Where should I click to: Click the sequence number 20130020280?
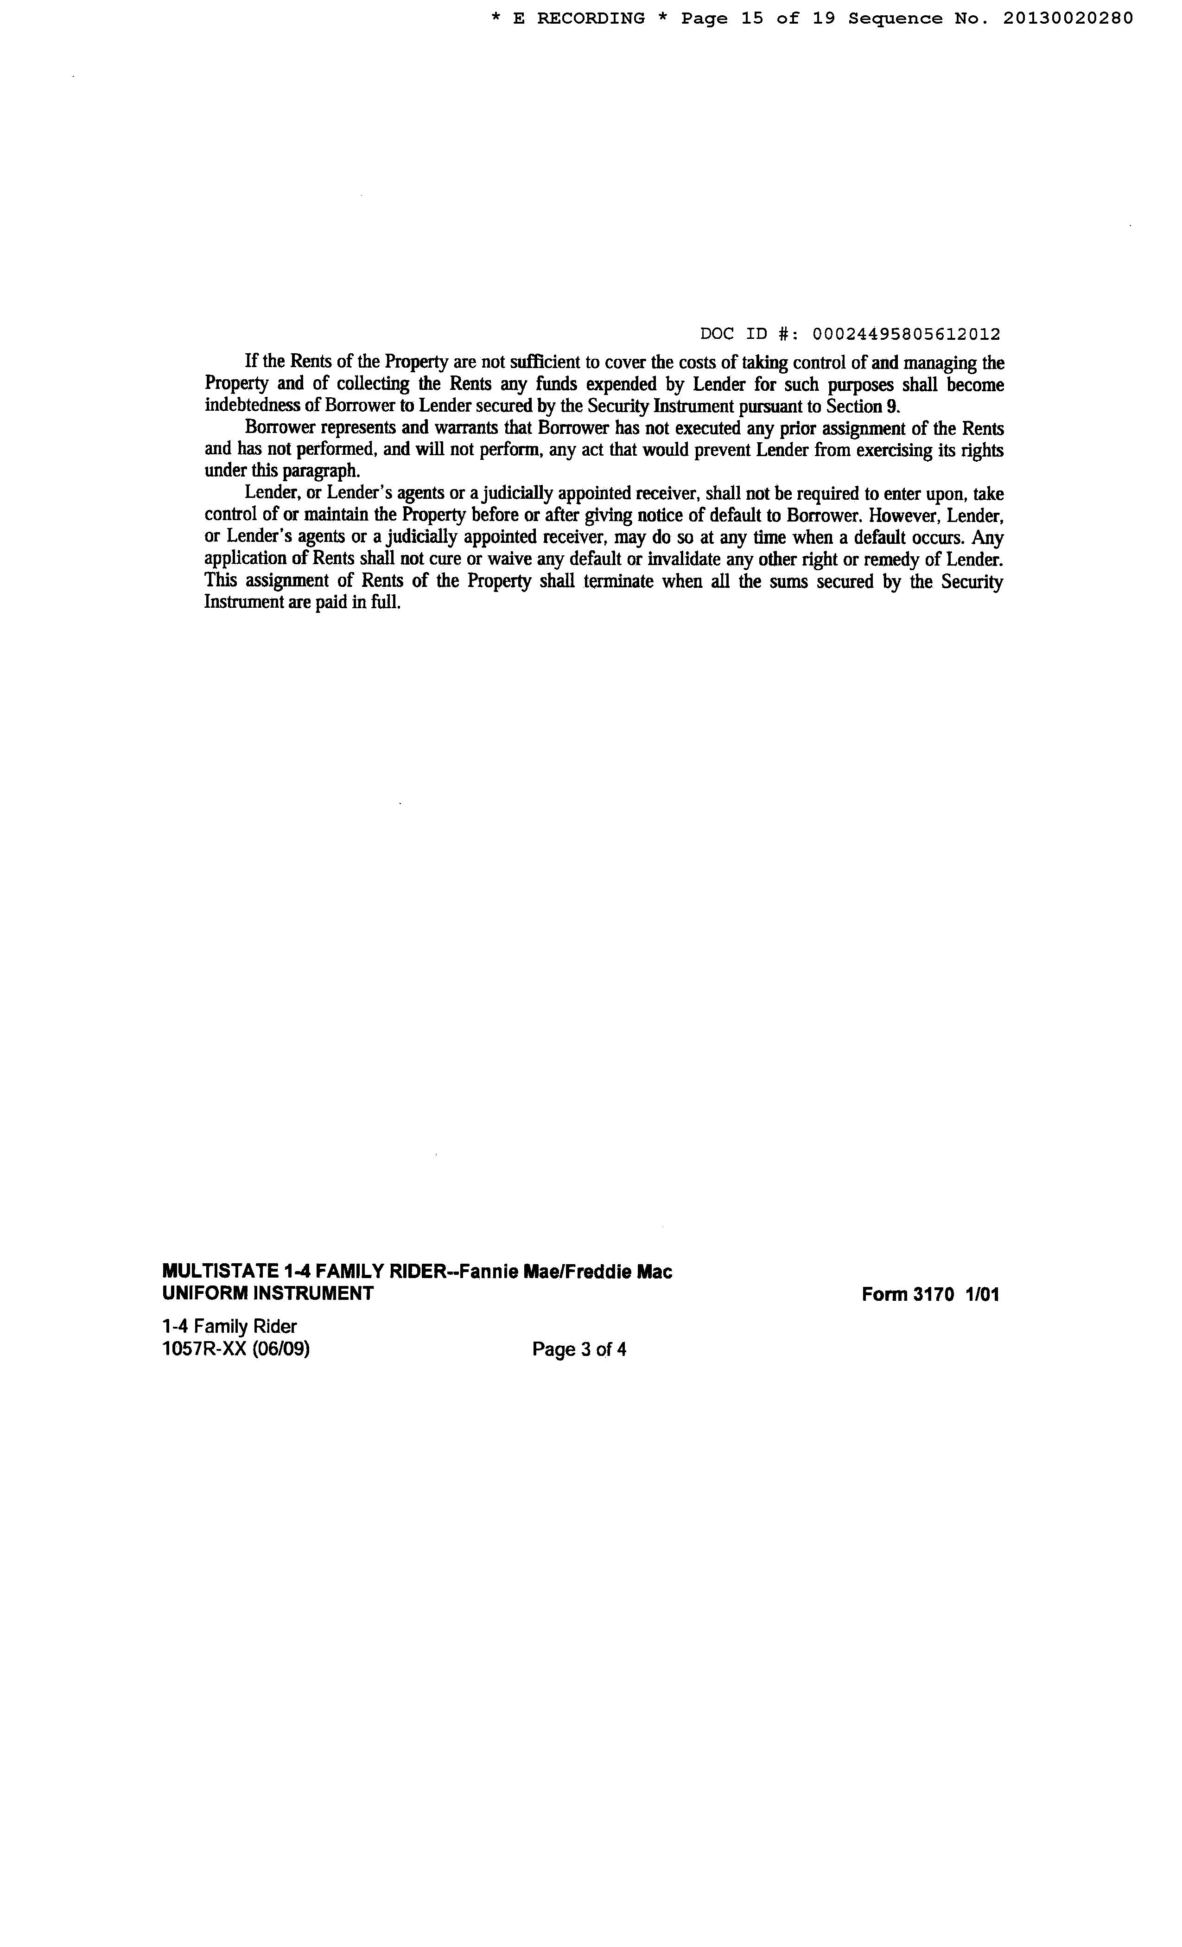click(1068, 18)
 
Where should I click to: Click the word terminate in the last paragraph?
click(619, 582)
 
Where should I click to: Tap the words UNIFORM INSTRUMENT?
click(267, 1293)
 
